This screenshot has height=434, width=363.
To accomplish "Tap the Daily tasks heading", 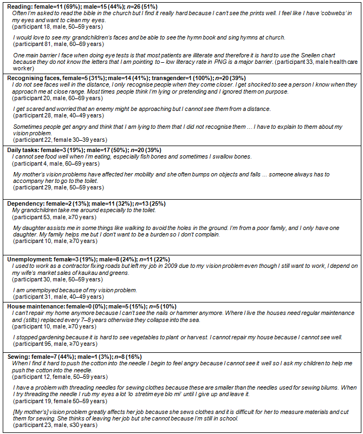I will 25,149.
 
